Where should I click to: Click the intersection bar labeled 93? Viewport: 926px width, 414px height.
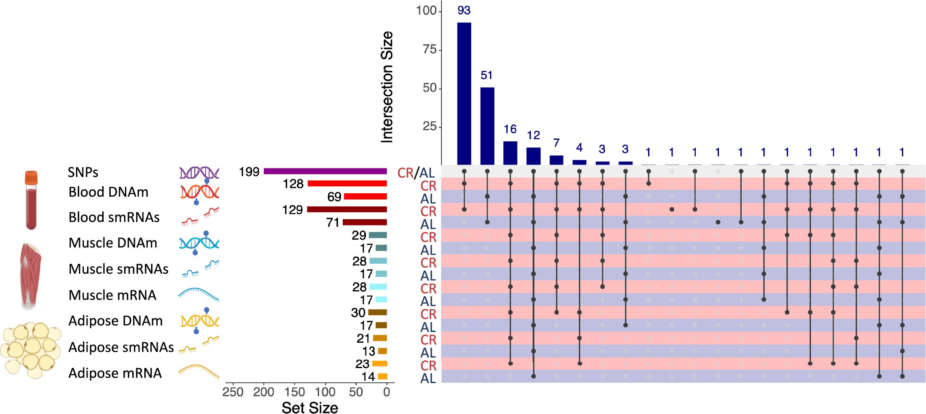(464, 94)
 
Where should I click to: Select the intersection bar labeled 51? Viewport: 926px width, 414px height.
(487, 126)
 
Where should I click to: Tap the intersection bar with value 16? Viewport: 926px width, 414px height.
(510, 153)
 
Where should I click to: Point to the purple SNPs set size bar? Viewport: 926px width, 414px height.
(325, 171)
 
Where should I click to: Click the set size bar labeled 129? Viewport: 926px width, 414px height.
(347, 210)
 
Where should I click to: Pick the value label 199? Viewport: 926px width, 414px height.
(249, 172)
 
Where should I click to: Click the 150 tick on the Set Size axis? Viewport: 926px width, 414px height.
(295, 392)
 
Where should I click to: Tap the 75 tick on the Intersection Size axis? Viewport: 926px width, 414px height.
(429, 50)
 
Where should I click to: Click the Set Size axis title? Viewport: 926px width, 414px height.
(310, 408)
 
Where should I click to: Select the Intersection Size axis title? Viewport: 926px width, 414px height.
(387, 87)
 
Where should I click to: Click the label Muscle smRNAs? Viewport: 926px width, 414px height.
(119, 269)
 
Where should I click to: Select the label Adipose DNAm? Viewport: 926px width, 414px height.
(116, 321)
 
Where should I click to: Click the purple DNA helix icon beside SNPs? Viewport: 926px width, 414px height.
(199, 173)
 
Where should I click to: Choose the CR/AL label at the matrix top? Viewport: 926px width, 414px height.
(416, 173)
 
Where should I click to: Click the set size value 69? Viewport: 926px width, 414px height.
(334, 197)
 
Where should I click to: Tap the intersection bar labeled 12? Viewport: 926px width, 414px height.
(533, 156)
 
